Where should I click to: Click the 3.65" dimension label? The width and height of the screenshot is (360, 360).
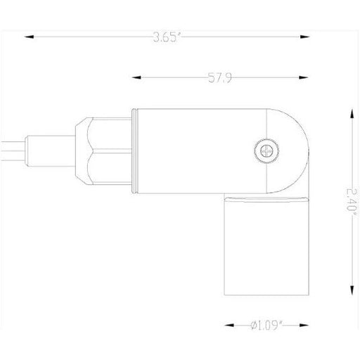167,37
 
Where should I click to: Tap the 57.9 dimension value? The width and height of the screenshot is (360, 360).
220,78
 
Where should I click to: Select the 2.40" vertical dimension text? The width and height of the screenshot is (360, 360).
352,200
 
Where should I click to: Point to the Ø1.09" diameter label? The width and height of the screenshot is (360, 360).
266,326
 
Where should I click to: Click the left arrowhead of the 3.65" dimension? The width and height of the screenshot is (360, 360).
29,37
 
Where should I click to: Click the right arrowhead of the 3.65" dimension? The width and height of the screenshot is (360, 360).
304,37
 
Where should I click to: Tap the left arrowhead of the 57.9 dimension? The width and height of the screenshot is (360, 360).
136,77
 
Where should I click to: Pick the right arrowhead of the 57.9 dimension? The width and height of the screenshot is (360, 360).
304,77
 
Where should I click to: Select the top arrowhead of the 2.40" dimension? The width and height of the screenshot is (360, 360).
352,114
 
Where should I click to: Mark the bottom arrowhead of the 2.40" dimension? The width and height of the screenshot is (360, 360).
352,290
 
